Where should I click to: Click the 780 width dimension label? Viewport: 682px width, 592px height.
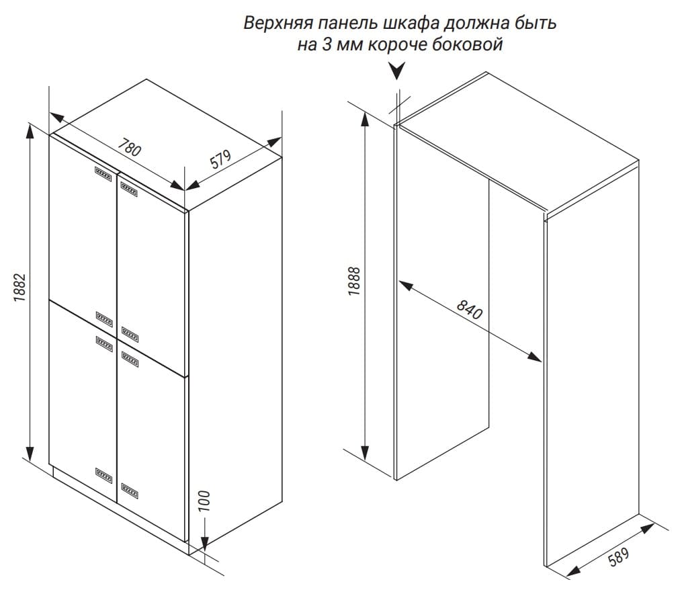coord(130,147)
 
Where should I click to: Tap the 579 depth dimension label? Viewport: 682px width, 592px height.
coord(221,159)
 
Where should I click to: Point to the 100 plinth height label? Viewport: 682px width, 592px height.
coord(204,501)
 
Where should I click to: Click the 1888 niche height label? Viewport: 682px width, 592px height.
coord(355,282)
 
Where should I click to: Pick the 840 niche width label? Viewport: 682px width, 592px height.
coord(469,309)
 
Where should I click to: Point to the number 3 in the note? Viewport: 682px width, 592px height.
coord(326,44)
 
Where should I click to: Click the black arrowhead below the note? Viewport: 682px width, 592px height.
coord(396,70)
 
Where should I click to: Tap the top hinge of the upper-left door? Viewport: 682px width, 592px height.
coord(103,173)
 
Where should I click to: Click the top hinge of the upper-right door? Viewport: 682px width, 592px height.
coord(129,189)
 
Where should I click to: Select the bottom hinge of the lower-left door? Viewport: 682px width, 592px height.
coord(103,476)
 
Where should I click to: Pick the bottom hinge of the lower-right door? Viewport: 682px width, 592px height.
coord(130,491)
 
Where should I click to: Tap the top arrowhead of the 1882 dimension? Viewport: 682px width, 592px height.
coord(30,130)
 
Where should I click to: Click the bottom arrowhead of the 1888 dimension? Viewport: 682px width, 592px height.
coord(366,453)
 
